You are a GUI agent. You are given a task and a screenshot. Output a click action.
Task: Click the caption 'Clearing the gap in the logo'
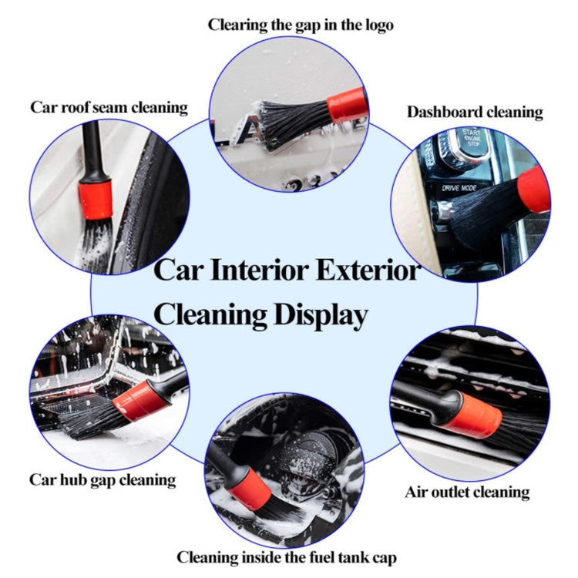[x=301, y=25]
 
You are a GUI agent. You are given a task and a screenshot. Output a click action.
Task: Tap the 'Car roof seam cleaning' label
[x=109, y=107]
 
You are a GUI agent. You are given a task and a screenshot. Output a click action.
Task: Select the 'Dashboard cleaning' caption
[x=475, y=112]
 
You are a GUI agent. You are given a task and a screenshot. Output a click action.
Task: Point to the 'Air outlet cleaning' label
[x=467, y=491]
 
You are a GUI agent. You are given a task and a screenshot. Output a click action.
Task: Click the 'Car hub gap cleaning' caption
[x=102, y=479]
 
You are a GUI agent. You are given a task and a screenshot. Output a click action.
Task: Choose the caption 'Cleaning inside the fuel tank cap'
[x=287, y=556]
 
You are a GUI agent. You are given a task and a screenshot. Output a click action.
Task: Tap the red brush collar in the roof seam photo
[x=96, y=199]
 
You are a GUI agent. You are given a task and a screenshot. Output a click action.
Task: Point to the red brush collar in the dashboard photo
[x=534, y=190]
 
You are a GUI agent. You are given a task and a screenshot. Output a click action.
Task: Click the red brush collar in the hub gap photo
[x=141, y=401]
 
